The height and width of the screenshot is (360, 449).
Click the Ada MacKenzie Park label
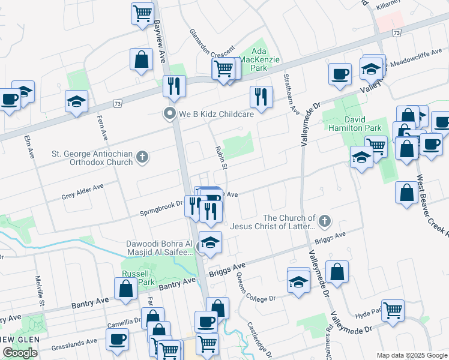(x=258, y=60)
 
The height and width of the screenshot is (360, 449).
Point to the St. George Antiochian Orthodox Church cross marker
(x=142, y=158)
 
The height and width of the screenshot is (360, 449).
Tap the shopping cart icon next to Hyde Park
(x=393, y=311)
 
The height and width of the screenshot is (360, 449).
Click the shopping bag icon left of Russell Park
(x=127, y=289)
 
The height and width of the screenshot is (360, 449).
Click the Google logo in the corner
(x=20, y=353)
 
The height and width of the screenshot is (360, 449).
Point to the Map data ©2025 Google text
(x=411, y=355)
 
